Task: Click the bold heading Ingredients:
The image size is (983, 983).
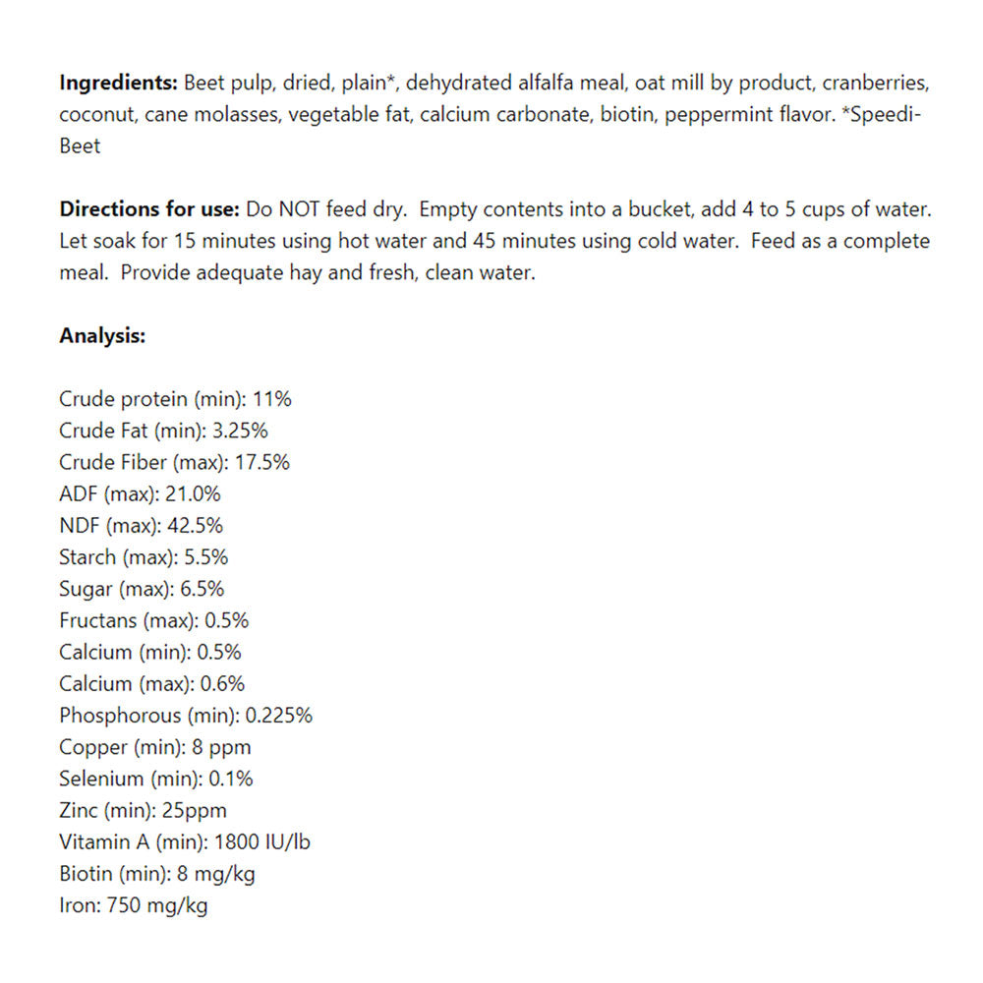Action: point(118,82)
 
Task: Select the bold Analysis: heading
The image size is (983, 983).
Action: point(102,336)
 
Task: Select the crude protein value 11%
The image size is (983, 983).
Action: point(272,399)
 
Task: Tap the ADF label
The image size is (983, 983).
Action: point(79,493)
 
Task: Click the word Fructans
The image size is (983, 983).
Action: point(97,620)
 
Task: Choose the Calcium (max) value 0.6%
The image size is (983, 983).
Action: point(221,683)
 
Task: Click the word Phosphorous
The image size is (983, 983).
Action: point(120,716)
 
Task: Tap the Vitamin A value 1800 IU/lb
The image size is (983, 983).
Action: point(265,842)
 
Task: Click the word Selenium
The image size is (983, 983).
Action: point(100,779)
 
